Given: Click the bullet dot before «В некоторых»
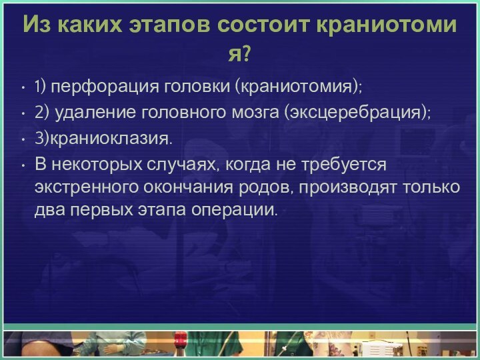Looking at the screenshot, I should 23,164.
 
